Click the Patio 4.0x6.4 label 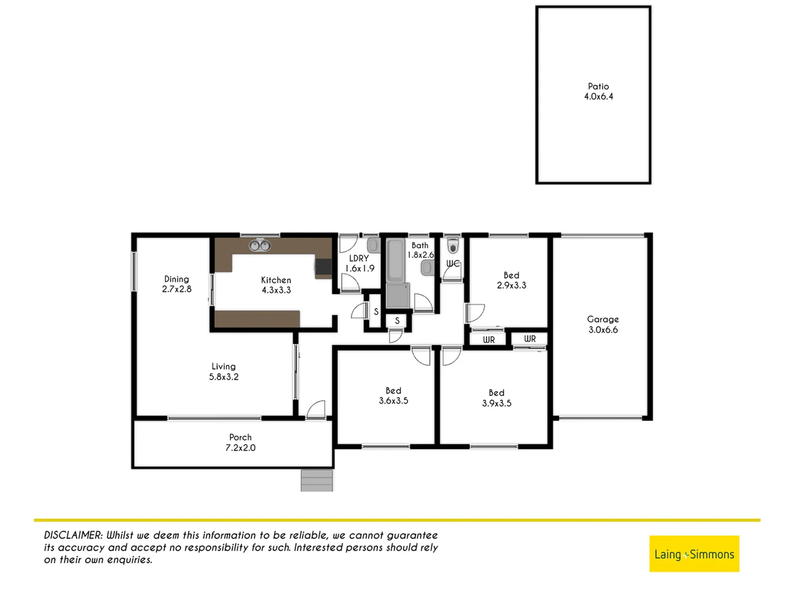[x=598, y=92]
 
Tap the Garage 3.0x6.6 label [x=602, y=324]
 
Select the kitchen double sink [x=260, y=246]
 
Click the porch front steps [x=317, y=480]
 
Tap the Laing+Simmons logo [x=694, y=554]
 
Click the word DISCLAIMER [x=73, y=536]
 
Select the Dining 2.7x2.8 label [x=176, y=284]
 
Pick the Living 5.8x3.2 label [x=223, y=372]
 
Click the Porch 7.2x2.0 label [x=240, y=442]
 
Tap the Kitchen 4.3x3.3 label [x=276, y=285]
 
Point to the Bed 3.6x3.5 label [x=393, y=396]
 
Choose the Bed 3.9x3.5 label [x=496, y=398]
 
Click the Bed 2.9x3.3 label [x=511, y=280]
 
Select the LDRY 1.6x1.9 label [x=359, y=263]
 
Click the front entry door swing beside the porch [x=317, y=410]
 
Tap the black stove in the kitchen [x=323, y=267]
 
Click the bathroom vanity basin [x=427, y=267]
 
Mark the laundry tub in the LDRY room [x=373, y=244]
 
